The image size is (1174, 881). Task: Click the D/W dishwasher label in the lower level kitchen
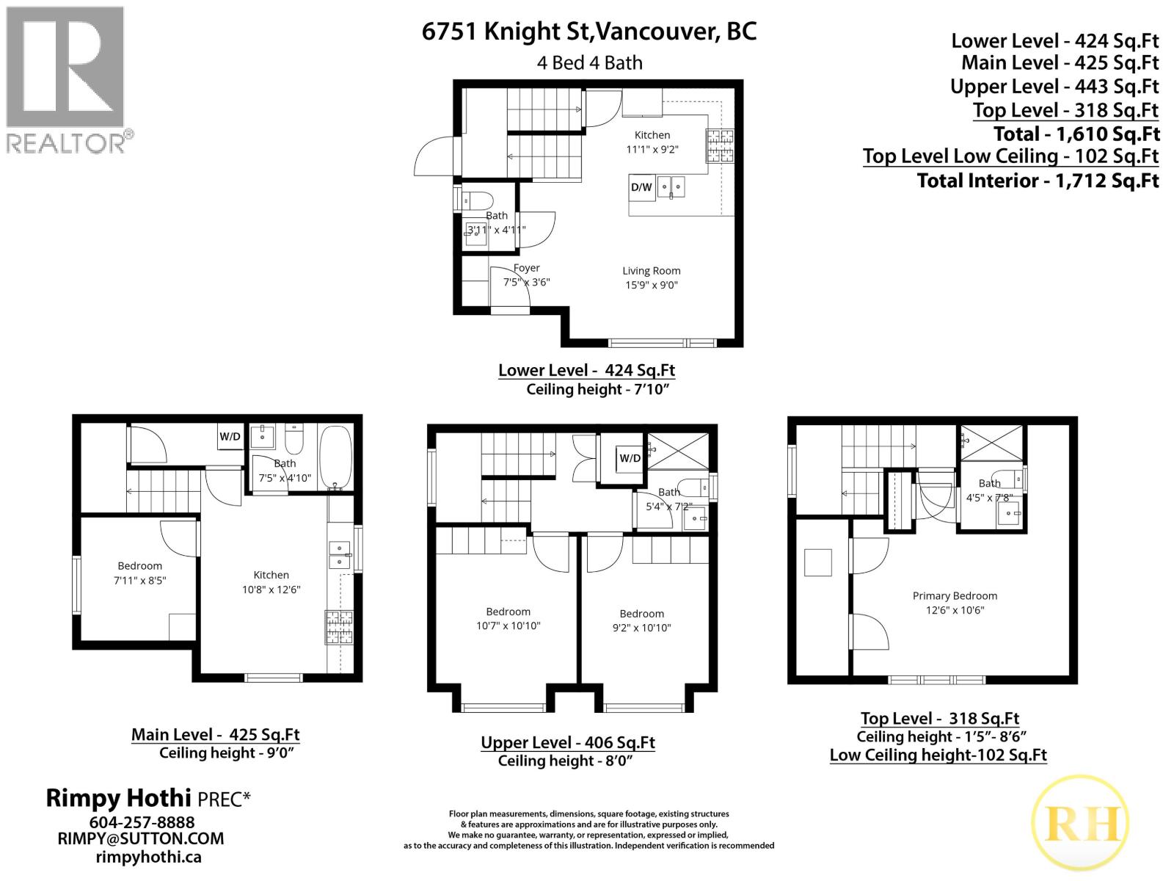(x=641, y=187)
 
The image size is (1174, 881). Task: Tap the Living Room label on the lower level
(x=652, y=271)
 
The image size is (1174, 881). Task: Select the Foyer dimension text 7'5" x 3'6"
(x=526, y=282)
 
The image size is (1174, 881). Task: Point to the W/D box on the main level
(x=230, y=436)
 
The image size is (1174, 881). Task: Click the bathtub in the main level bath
(x=336, y=458)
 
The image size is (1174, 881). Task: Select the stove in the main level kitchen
(x=339, y=628)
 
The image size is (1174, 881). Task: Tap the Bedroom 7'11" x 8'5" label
(x=139, y=573)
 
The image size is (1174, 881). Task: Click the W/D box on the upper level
(x=630, y=458)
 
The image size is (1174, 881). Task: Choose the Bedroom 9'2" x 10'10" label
(x=641, y=620)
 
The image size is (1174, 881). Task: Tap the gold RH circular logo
(x=1079, y=823)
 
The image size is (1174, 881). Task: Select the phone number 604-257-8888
(x=142, y=822)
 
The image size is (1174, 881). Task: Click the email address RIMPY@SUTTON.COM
(x=141, y=838)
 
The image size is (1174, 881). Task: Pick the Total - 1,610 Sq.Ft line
(x=1076, y=134)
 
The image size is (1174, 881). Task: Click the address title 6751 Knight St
(x=588, y=32)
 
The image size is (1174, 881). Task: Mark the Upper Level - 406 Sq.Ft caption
(x=568, y=742)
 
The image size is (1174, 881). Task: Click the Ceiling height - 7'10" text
(x=598, y=389)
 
